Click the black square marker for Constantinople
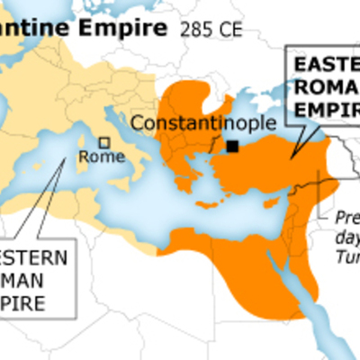point(233,146)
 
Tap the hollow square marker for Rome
point(104,142)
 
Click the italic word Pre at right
point(346,217)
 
